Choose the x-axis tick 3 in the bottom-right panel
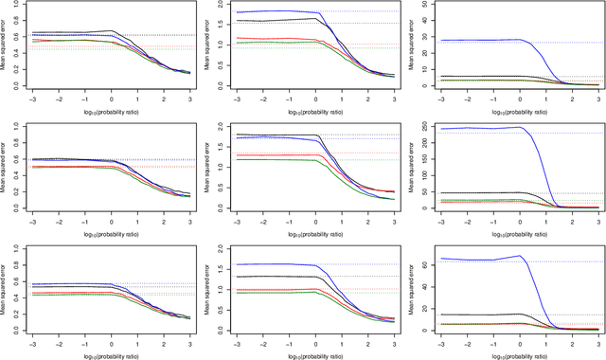click(x=597, y=339)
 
